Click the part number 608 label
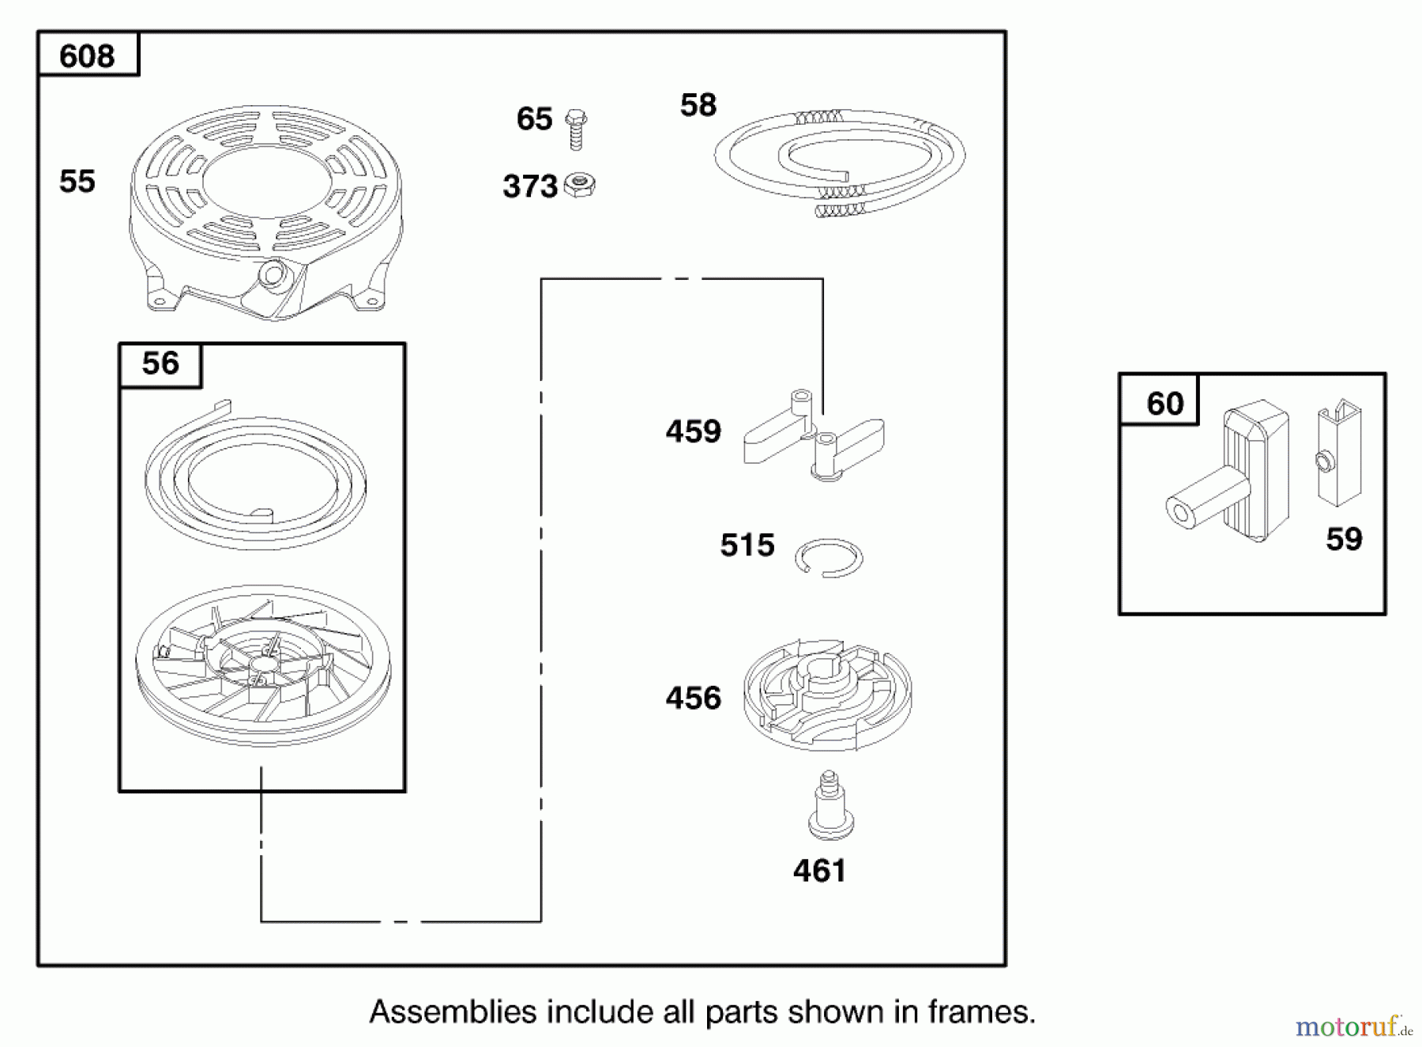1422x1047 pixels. [87, 56]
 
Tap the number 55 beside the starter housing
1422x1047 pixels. [77, 182]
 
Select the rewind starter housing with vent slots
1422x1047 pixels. [265, 213]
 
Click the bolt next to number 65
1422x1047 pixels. [576, 129]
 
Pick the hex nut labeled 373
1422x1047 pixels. [581, 186]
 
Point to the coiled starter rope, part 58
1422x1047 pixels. [840, 163]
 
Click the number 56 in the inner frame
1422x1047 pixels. [160, 363]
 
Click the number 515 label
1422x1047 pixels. [747, 545]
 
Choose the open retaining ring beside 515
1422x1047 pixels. [829, 558]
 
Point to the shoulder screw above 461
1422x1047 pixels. [827, 806]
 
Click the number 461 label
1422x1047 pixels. [819, 871]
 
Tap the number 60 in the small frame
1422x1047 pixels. [1165, 404]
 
